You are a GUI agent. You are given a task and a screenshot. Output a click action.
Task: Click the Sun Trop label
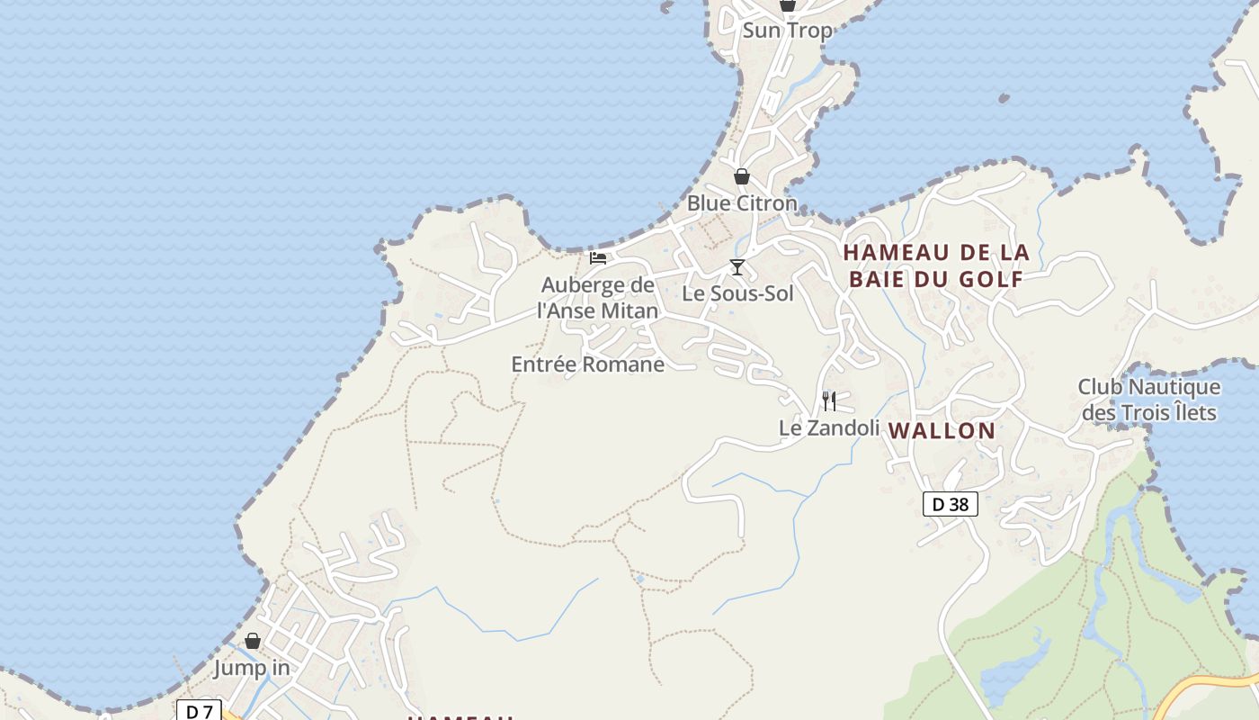tap(787, 31)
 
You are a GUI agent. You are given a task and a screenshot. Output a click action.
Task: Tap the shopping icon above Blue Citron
tap(742, 176)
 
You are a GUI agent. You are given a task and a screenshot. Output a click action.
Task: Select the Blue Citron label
tap(742, 203)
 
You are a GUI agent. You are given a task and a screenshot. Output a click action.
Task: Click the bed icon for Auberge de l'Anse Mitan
tap(598, 258)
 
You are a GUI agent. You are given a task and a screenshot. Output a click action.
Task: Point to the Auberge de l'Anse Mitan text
tap(598, 298)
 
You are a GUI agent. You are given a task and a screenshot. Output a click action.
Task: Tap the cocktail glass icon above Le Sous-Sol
tap(737, 267)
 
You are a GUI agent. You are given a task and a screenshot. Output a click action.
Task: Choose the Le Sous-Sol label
tap(737, 293)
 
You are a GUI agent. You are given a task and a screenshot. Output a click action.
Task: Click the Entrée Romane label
tap(587, 364)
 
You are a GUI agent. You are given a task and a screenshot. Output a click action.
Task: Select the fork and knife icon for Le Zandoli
tap(829, 400)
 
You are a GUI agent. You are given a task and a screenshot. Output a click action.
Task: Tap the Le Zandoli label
tap(828, 428)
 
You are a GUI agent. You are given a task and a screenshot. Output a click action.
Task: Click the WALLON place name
tap(942, 431)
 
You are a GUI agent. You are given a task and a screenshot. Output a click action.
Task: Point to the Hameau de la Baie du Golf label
tap(936, 265)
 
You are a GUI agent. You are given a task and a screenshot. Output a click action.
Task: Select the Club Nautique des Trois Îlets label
tap(1148, 400)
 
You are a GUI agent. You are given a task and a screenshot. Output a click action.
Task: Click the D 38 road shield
tap(950, 504)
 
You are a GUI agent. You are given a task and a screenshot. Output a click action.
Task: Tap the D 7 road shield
tap(199, 711)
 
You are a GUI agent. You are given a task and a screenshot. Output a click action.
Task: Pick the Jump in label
tap(252, 668)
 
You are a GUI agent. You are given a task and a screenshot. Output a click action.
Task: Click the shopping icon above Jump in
tap(253, 641)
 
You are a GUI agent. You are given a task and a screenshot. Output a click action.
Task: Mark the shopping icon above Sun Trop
tap(788, 4)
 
